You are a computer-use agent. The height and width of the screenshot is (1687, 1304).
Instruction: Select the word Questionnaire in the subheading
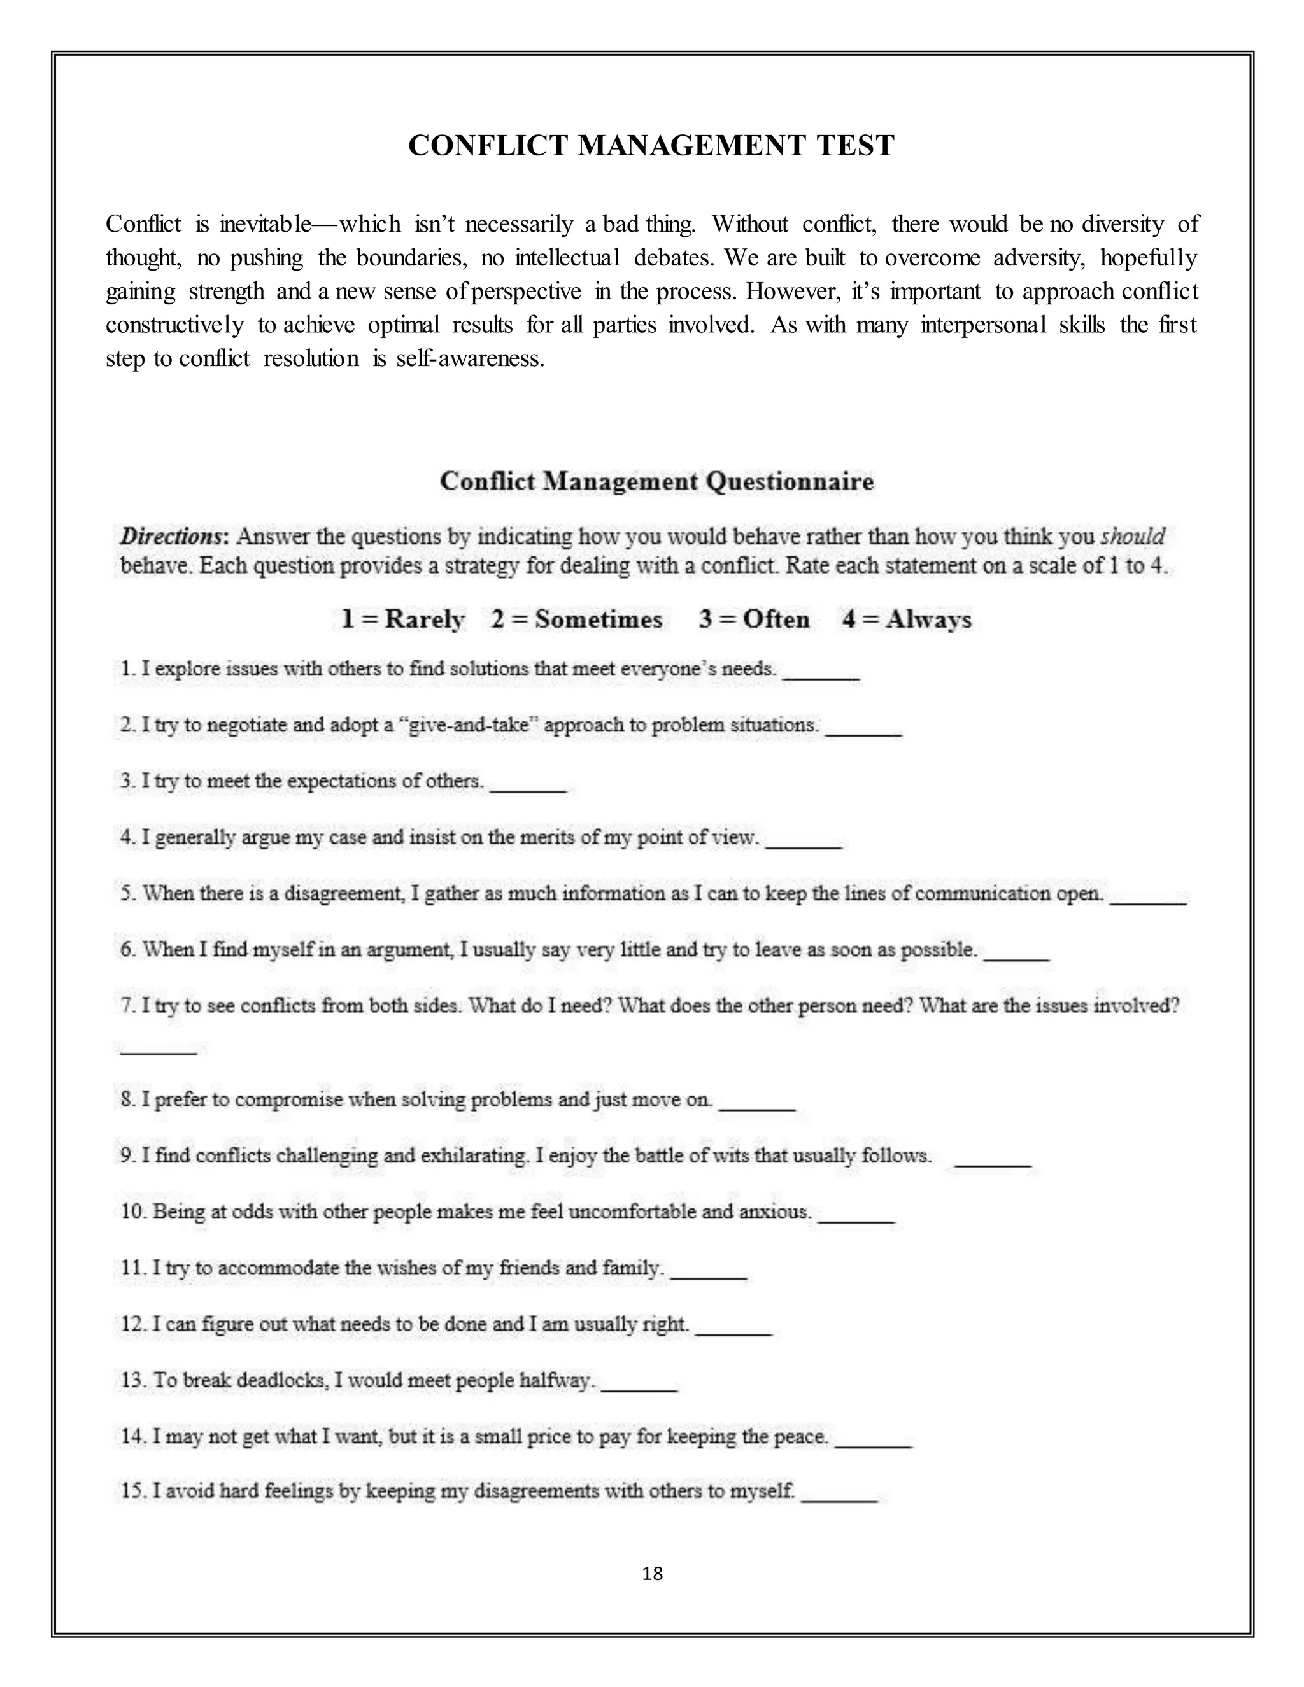pos(790,481)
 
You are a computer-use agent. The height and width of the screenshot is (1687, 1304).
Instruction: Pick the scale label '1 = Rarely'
pos(402,619)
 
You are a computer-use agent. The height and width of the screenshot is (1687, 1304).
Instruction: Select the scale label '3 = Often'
pos(754,619)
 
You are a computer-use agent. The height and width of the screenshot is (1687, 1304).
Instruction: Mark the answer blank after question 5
pos(1148,900)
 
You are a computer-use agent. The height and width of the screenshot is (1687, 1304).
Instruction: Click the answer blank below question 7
pos(159,1050)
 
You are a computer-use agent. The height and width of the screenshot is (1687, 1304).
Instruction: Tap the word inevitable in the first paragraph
pos(265,225)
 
